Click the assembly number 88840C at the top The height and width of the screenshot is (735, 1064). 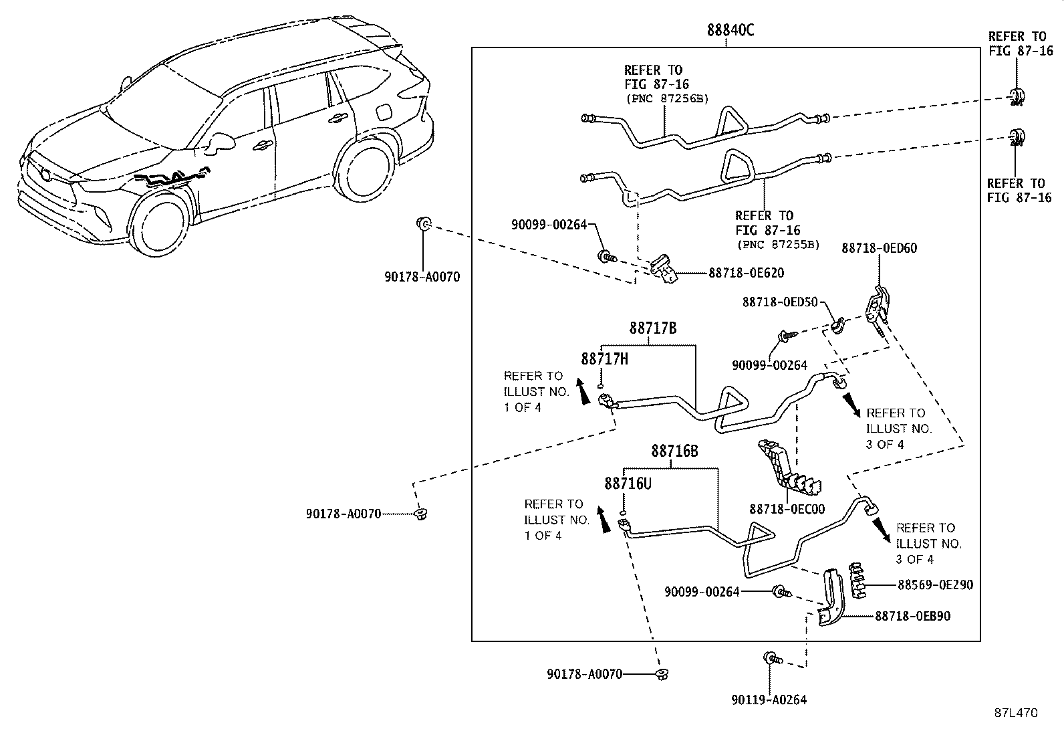pos(730,30)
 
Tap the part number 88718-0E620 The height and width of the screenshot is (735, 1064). pos(747,273)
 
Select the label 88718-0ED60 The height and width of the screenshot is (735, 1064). pos(880,248)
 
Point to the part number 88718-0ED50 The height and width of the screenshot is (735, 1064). pos(780,302)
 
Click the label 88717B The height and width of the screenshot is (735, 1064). pos(653,328)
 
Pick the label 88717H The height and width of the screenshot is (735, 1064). pos(605,359)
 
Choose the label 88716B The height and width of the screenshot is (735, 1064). pos(674,451)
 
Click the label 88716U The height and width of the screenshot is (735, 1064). pos(628,484)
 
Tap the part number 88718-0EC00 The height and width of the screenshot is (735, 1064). pos(787,509)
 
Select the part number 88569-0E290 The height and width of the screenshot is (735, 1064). pos(935,585)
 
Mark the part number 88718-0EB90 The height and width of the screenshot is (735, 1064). pos(913,616)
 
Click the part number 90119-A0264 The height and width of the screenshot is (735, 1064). pos(769,700)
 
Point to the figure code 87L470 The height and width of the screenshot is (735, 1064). pos(1016,713)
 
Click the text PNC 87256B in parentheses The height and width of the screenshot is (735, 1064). pos(668,99)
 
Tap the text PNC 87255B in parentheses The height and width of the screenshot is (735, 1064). pos(779,245)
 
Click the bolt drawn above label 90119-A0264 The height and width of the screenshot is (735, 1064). pos(771,659)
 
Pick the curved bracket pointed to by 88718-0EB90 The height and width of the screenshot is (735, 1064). pos(831,597)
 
